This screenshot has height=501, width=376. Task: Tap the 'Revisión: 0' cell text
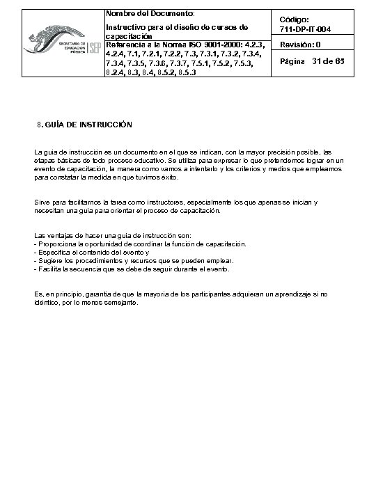[300, 45]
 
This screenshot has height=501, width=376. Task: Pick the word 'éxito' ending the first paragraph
[169, 177]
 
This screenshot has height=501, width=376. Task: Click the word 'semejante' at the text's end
[122, 303]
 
